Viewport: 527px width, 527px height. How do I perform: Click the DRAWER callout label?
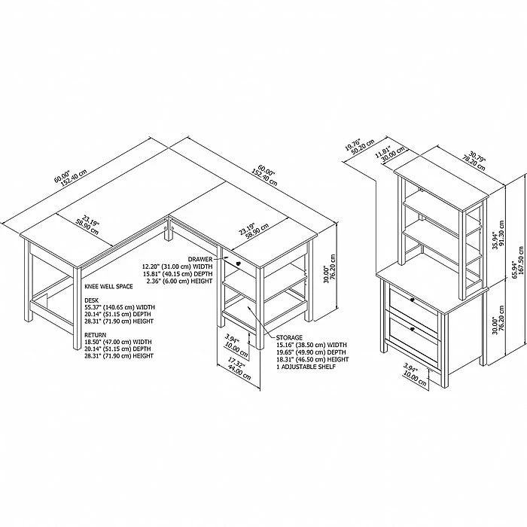tap(200, 259)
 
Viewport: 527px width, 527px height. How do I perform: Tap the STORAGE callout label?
tap(289, 337)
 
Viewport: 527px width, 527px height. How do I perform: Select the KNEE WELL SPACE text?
tap(108, 286)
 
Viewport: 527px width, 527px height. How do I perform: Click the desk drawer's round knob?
tap(239, 263)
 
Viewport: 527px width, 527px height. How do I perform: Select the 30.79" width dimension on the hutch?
tap(474, 160)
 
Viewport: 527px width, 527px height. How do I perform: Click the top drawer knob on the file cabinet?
tap(413, 300)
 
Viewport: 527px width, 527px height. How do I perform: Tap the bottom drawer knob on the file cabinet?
tap(412, 329)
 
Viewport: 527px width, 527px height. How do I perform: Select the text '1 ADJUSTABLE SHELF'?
tap(306, 367)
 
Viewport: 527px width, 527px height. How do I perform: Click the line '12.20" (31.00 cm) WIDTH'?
tap(177, 267)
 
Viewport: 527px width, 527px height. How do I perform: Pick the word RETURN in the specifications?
tap(95, 335)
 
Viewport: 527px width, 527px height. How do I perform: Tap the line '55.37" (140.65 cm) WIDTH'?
tap(120, 307)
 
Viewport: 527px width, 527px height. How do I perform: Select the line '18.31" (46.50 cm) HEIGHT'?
tap(312, 359)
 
